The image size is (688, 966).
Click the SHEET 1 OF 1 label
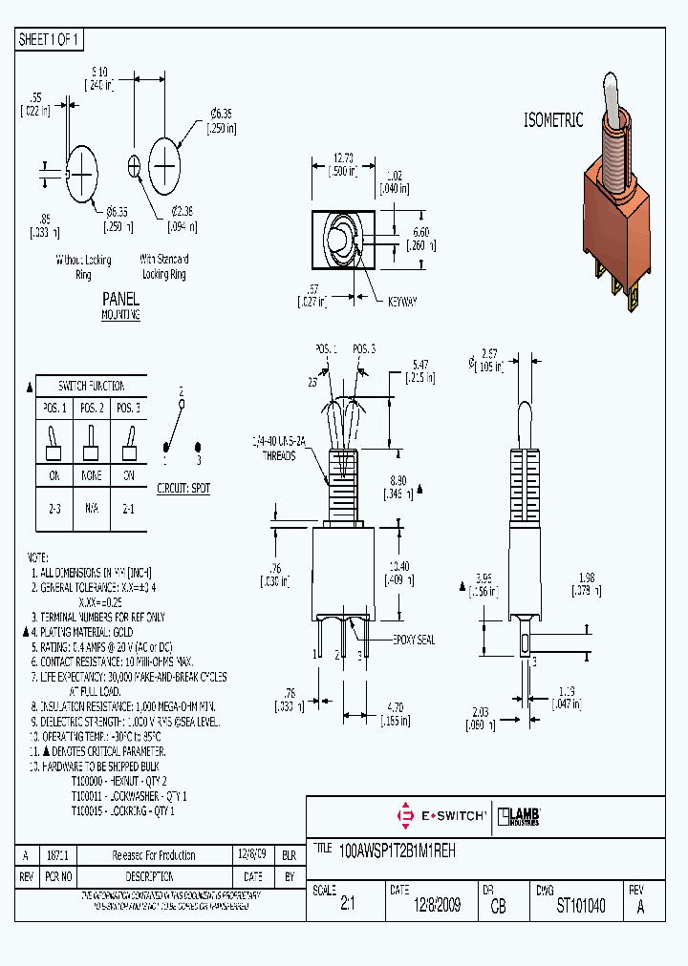(50, 40)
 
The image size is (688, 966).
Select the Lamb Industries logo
(521, 815)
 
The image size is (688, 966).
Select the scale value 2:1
(347, 906)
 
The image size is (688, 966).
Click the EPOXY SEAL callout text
(413, 640)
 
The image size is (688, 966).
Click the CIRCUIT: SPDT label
(183, 488)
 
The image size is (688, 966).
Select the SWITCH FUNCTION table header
(91, 386)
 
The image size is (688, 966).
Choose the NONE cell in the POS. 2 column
(91, 474)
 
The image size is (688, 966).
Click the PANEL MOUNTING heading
(120, 305)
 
